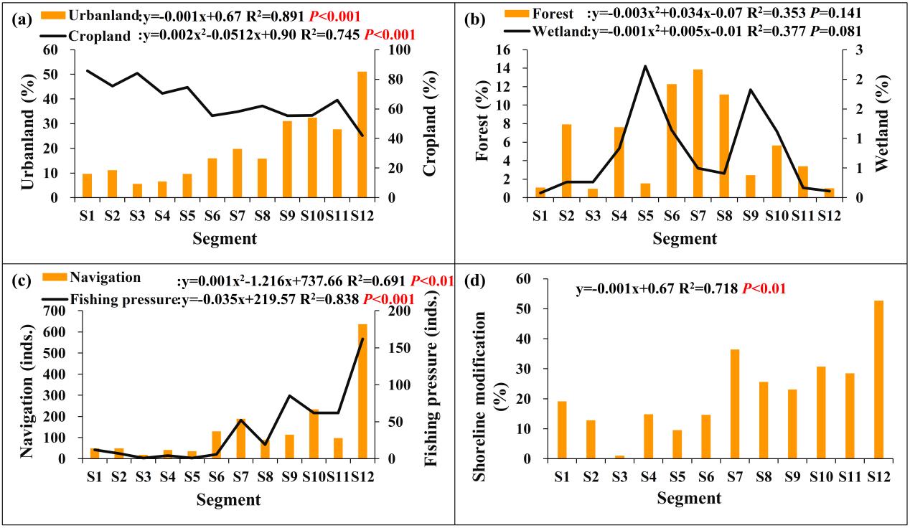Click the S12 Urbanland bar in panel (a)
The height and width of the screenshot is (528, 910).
[362, 135]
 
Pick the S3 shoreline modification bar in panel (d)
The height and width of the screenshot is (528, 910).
[619, 457]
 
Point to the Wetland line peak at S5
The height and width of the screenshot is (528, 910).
[644, 66]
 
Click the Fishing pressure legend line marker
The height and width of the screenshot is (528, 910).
[55, 300]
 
